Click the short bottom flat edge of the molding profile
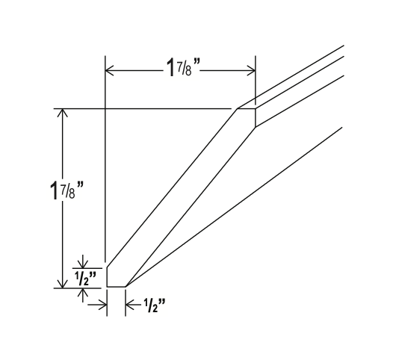pos(116,287)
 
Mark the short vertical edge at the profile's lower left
pos(106,276)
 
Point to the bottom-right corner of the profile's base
pos(126,287)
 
